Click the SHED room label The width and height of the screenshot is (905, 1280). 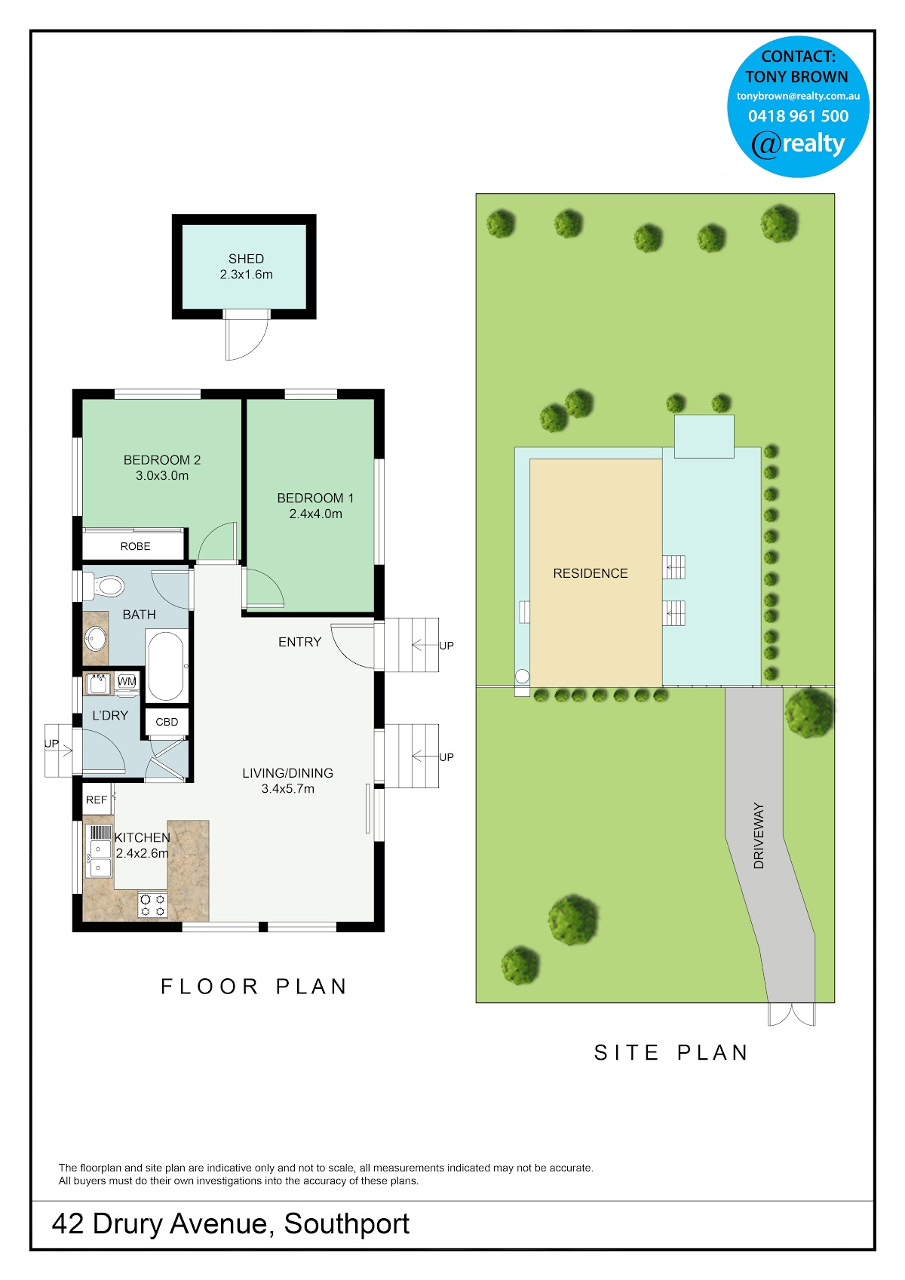pyautogui.click(x=247, y=259)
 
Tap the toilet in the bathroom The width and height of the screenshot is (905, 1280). pyautogui.click(x=104, y=586)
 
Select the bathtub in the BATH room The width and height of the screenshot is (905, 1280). pyautogui.click(x=166, y=666)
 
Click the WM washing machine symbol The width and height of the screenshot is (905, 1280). pyautogui.click(x=127, y=681)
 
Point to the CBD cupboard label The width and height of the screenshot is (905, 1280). pyautogui.click(x=167, y=723)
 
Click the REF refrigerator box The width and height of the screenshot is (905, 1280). pyautogui.click(x=97, y=800)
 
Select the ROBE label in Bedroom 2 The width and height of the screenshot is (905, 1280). pyautogui.click(x=136, y=546)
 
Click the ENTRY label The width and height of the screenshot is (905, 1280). pyautogui.click(x=300, y=643)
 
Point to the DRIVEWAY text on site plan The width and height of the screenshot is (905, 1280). pyautogui.click(x=759, y=836)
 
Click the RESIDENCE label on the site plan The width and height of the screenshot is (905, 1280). pyautogui.click(x=591, y=573)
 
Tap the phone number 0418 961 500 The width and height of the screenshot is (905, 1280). pyautogui.click(x=798, y=116)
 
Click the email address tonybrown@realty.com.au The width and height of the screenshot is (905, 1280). pyautogui.click(x=798, y=96)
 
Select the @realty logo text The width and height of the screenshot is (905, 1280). pyautogui.click(x=798, y=143)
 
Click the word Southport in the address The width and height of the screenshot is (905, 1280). pyautogui.click(x=346, y=1223)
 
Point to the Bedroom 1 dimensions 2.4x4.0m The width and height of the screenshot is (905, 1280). pyautogui.click(x=316, y=514)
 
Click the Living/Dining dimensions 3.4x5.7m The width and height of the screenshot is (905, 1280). pyautogui.click(x=288, y=788)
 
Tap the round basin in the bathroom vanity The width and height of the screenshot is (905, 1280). pyautogui.click(x=96, y=637)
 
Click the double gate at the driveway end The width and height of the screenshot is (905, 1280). pyautogui.click(x=791, y=1014)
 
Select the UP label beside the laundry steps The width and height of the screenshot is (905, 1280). pyautogui.click(x=51, y=744)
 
